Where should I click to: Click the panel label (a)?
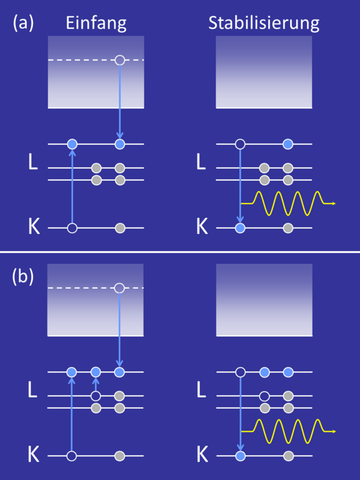23,23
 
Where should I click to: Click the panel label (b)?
23,277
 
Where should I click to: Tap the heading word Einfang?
96,23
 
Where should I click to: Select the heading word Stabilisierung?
264,23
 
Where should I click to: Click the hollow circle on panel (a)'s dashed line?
120,60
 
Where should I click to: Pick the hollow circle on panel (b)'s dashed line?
119,288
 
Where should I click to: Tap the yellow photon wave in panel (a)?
288,203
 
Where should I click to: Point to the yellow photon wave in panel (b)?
288,431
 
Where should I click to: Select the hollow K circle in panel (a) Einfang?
72,228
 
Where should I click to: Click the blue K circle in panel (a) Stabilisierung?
240,228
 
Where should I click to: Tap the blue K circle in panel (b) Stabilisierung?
241,456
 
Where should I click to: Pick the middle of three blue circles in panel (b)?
96,372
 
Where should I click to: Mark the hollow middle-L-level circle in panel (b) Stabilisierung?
264,396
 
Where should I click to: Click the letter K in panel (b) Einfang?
34,454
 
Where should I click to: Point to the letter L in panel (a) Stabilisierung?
201,162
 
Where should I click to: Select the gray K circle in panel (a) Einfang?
120,228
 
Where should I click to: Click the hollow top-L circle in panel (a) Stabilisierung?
240,144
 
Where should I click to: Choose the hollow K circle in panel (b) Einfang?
72,456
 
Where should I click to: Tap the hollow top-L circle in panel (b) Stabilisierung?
241,372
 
